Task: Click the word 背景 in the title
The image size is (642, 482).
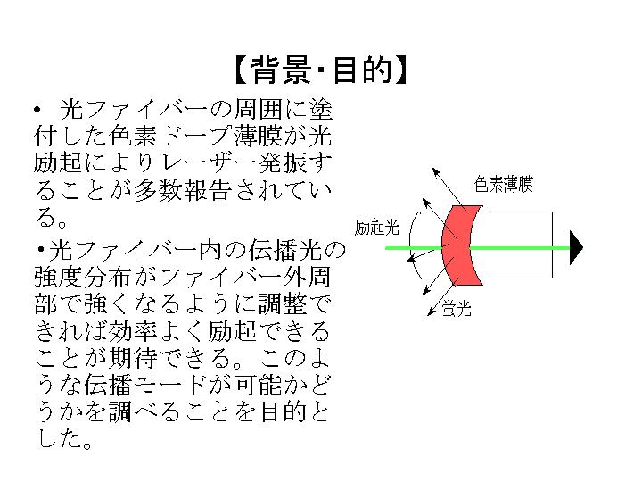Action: coord(281,70)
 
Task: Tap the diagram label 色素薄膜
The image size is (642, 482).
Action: coord(504,184)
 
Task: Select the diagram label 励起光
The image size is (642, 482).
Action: coord(376,227)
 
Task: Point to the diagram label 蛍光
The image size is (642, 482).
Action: coord(457,308)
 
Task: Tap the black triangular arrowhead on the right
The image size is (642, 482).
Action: coord(576,247)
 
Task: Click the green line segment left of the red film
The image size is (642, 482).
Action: coord(414,248)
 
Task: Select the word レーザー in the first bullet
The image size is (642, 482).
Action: coord(209,163)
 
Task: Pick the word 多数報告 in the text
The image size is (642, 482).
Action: coord(183,190)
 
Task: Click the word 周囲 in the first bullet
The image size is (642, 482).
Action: coord(258,110)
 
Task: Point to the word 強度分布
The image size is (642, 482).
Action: coord(83,278)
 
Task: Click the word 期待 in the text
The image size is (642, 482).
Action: coord(132,358)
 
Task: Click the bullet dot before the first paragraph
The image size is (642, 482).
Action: coord(37,110)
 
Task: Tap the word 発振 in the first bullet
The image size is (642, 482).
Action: coord(283,163)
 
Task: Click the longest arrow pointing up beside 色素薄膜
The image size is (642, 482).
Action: coord(449,189)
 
